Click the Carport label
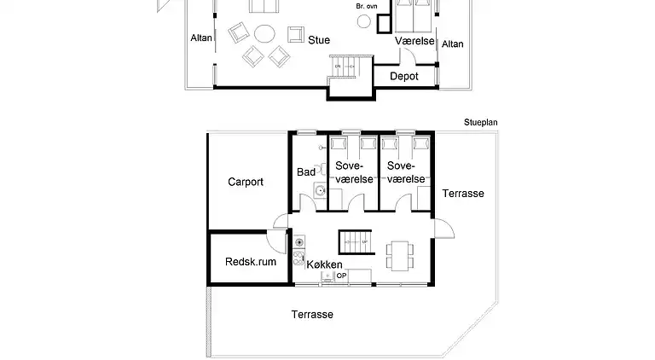click(x=246, y=182)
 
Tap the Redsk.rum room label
click(x=251, y=262)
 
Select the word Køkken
click(x=325, y=265)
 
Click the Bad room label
click(x=306, y=172)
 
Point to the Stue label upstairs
click(x=319, y=40)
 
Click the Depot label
click(x=403, y=76)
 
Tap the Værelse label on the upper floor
click(x=415, y=41)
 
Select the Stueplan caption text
click(x=480, y=123)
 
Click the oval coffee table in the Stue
click(x=265, y=34)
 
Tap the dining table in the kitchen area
click(x=398, y=253)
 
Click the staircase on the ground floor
click(x=353, y=241)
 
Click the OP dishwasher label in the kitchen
click(x=340, y=276)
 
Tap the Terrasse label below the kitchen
click(x=312, y=315)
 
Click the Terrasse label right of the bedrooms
click(x=463, y=194)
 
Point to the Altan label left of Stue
click(x=201, y=38)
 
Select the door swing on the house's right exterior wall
click(x=444, y=229)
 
